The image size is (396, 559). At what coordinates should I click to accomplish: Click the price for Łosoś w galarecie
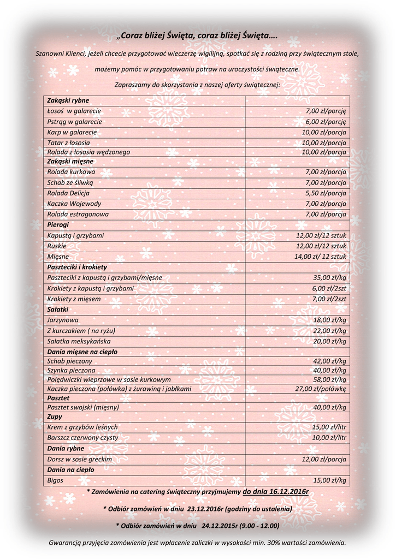[326, 111]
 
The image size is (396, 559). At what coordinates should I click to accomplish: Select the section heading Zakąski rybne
[68, 100]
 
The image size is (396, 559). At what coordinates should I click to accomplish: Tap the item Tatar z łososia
[68, 142]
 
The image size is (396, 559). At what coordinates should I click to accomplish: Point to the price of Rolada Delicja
[326, 193]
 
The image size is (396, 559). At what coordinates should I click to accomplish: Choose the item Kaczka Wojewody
[74, 204]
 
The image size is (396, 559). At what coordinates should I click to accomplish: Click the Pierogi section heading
[58, 224]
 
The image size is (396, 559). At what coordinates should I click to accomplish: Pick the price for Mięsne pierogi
[321, 257]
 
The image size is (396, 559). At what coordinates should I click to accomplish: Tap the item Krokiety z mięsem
[74, 299]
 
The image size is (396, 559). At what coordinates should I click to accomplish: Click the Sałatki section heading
[58, 310]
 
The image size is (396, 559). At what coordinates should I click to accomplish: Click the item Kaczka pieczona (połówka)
[119, 389]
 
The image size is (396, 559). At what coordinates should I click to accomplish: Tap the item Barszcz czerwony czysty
[82, 437]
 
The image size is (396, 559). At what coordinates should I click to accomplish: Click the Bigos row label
[55, 480]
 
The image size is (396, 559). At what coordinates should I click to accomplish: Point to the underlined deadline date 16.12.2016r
[276, 492]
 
